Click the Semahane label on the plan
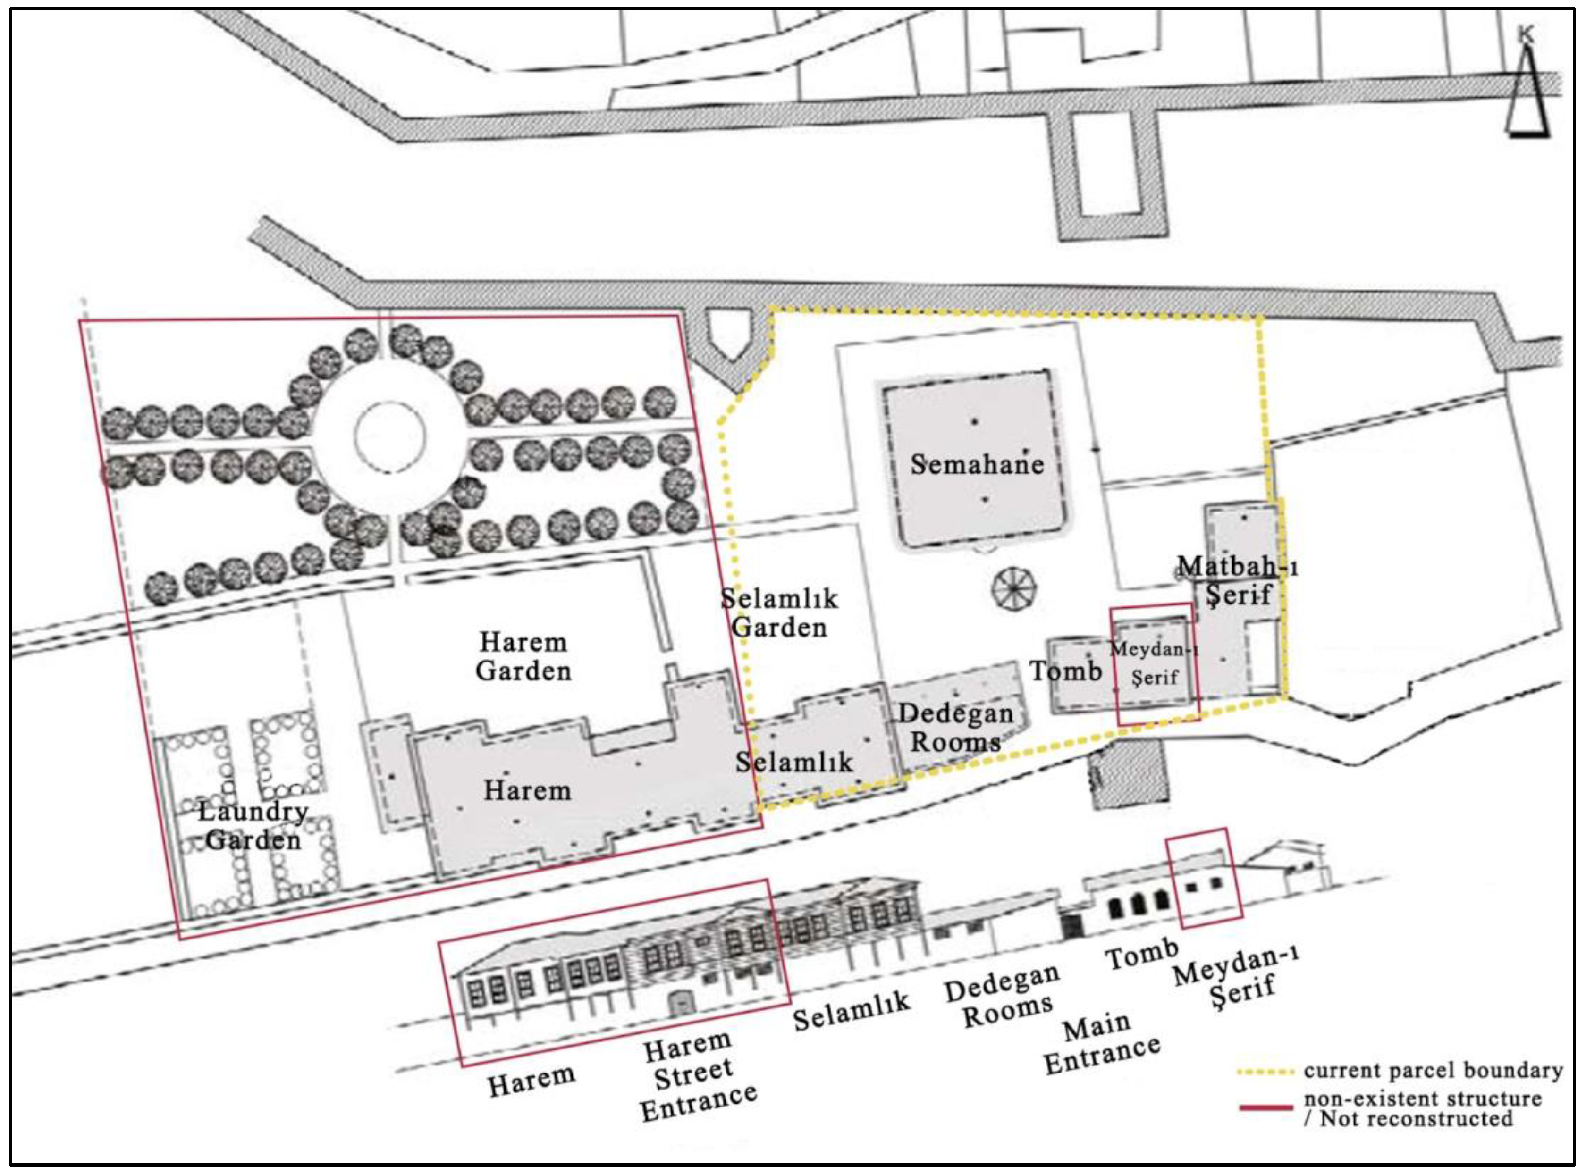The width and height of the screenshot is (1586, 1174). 977,465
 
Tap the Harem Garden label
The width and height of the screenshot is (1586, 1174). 523,657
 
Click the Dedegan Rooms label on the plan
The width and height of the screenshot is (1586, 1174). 956,728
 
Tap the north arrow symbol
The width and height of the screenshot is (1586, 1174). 1527,92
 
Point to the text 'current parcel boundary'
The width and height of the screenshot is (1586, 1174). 1433,1070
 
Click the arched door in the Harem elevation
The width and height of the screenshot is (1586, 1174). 680,1003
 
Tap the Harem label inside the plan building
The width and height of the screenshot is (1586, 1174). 527,790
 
